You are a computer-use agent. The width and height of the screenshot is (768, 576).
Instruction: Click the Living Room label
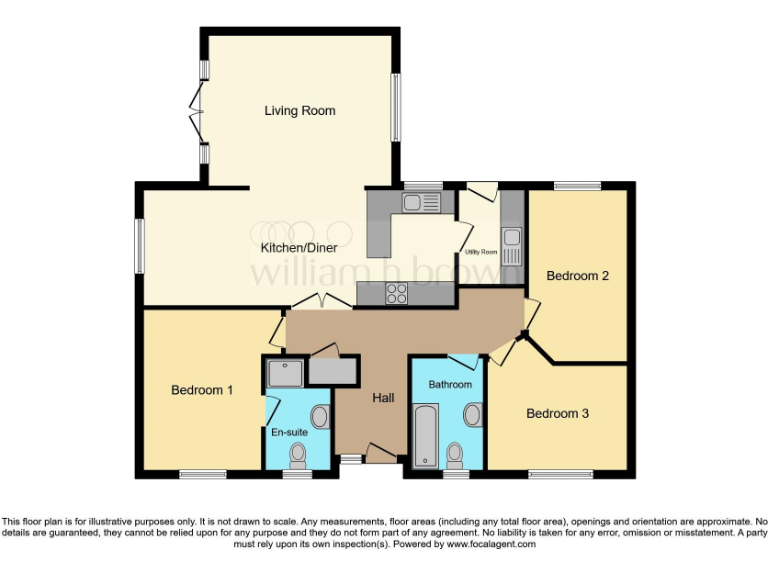coord(299,111)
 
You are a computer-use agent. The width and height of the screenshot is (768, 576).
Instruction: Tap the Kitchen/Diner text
coord(299,248)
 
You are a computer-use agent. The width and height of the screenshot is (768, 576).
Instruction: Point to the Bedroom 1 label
coord(202,390)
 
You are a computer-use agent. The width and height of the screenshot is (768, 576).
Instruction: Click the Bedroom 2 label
coord(577,276)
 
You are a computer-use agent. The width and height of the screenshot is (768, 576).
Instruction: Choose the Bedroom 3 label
coord(557,413)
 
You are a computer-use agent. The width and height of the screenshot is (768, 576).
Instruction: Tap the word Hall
coord(383,398)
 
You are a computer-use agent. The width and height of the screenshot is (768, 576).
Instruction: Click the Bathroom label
coord(450,385)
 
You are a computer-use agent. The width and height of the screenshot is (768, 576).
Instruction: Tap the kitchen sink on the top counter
coord(421,204)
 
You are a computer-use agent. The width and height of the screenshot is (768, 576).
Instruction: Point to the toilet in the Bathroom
coord(455,452)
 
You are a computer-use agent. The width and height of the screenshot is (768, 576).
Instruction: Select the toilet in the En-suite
coord(297,455)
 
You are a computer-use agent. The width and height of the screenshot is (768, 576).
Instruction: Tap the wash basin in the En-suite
coord(320,416)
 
